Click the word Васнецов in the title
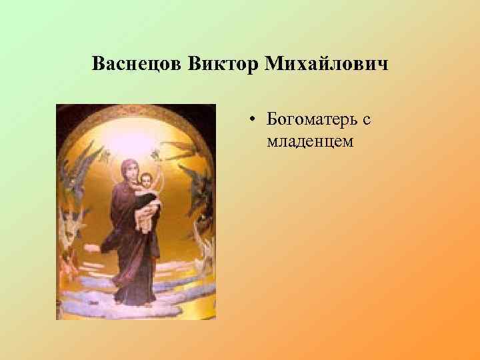(x=137, y=65)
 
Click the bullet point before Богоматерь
(x=255, y=121)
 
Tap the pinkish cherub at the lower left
(x=67, y=263)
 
